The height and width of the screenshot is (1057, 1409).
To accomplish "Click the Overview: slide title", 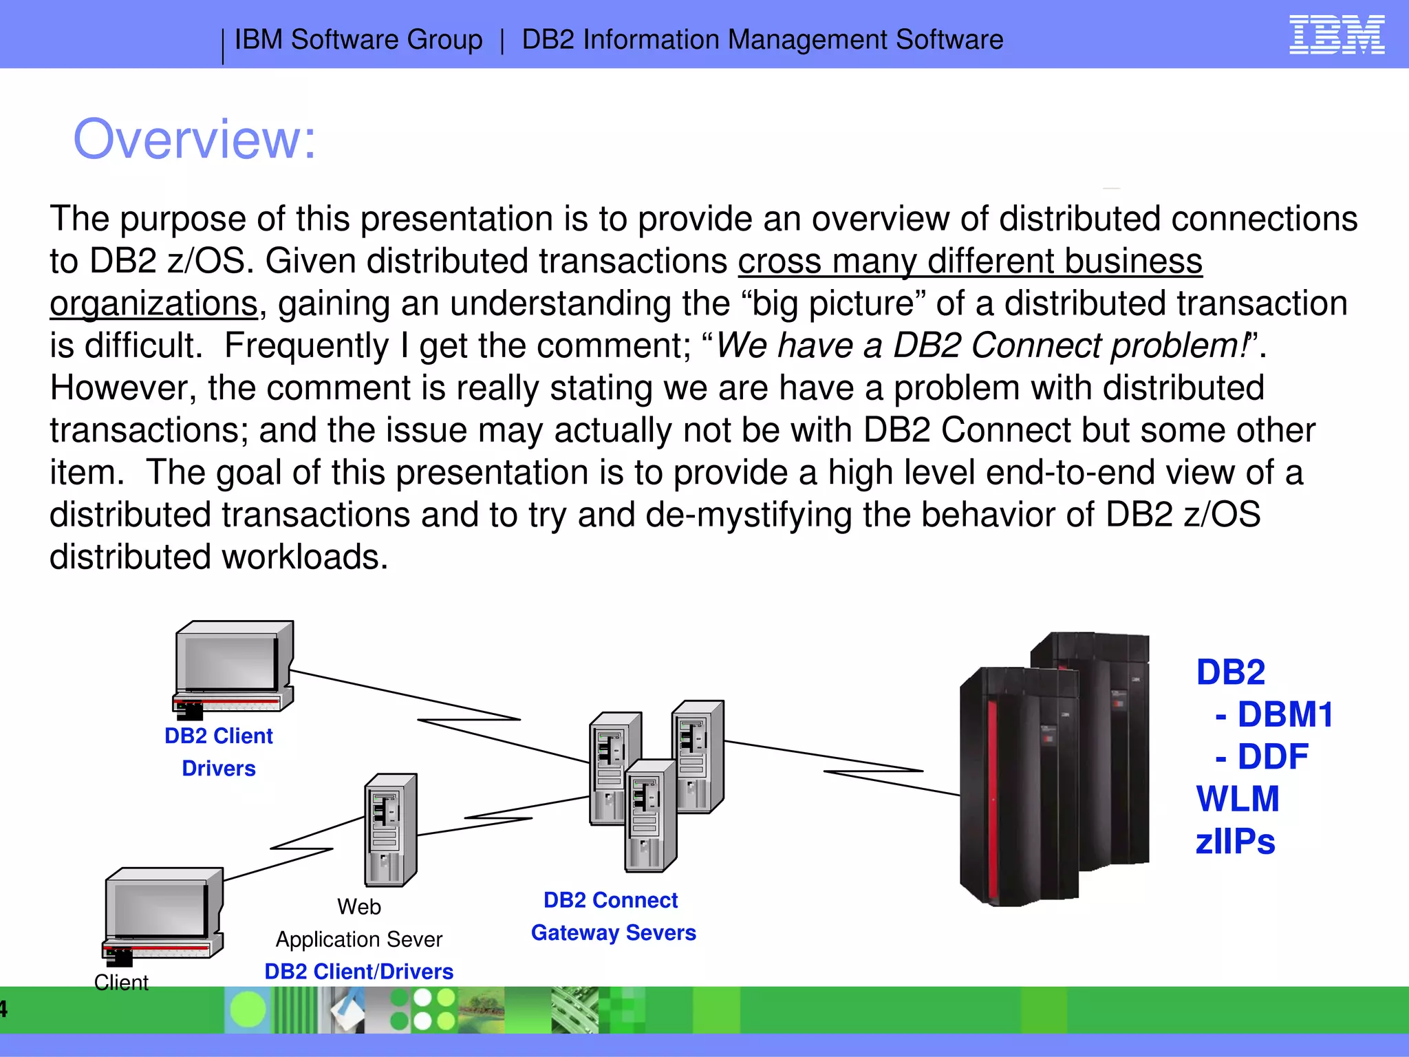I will pos(195,139).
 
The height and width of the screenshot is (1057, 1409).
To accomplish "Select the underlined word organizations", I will pos(153,303).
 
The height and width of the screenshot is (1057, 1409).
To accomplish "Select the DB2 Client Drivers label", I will pos(219,751).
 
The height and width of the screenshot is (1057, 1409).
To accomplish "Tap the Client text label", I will pos(121,983).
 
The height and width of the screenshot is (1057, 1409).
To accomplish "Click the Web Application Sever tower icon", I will pos(389,829).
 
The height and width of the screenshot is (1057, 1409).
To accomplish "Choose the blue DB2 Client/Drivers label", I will pos(358,972).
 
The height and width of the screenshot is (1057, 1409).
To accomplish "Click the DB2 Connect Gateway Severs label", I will pos(612,916).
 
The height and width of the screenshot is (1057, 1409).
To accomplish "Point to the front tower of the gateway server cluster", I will pos(649,815).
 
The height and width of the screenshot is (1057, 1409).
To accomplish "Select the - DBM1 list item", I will pos(1274,714).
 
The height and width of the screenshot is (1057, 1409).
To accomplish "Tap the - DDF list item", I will pos(1262,757).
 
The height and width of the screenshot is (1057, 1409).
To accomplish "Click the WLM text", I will pos(1237,800).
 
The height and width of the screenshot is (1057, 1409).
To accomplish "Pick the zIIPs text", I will pos(1235,842).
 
